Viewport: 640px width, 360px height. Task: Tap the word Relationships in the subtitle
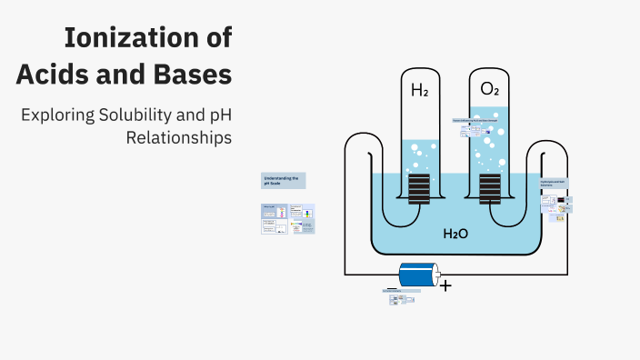tap(178, 138)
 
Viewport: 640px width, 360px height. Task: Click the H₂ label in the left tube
tap(419, 90)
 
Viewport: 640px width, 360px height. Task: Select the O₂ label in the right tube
tap(489, 89)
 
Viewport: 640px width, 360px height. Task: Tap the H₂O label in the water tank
tap(455, 234)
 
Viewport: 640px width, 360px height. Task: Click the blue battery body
tap(417, 274)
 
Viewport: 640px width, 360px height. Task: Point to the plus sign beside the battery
tap(445, 285)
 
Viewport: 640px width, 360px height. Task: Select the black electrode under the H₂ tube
tap(419, 187)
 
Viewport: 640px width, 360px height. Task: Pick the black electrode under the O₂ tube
tap(489, 187)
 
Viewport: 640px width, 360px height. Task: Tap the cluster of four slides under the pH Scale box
tap(288, 219)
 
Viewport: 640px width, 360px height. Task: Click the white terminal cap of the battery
tap(437, 274)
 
